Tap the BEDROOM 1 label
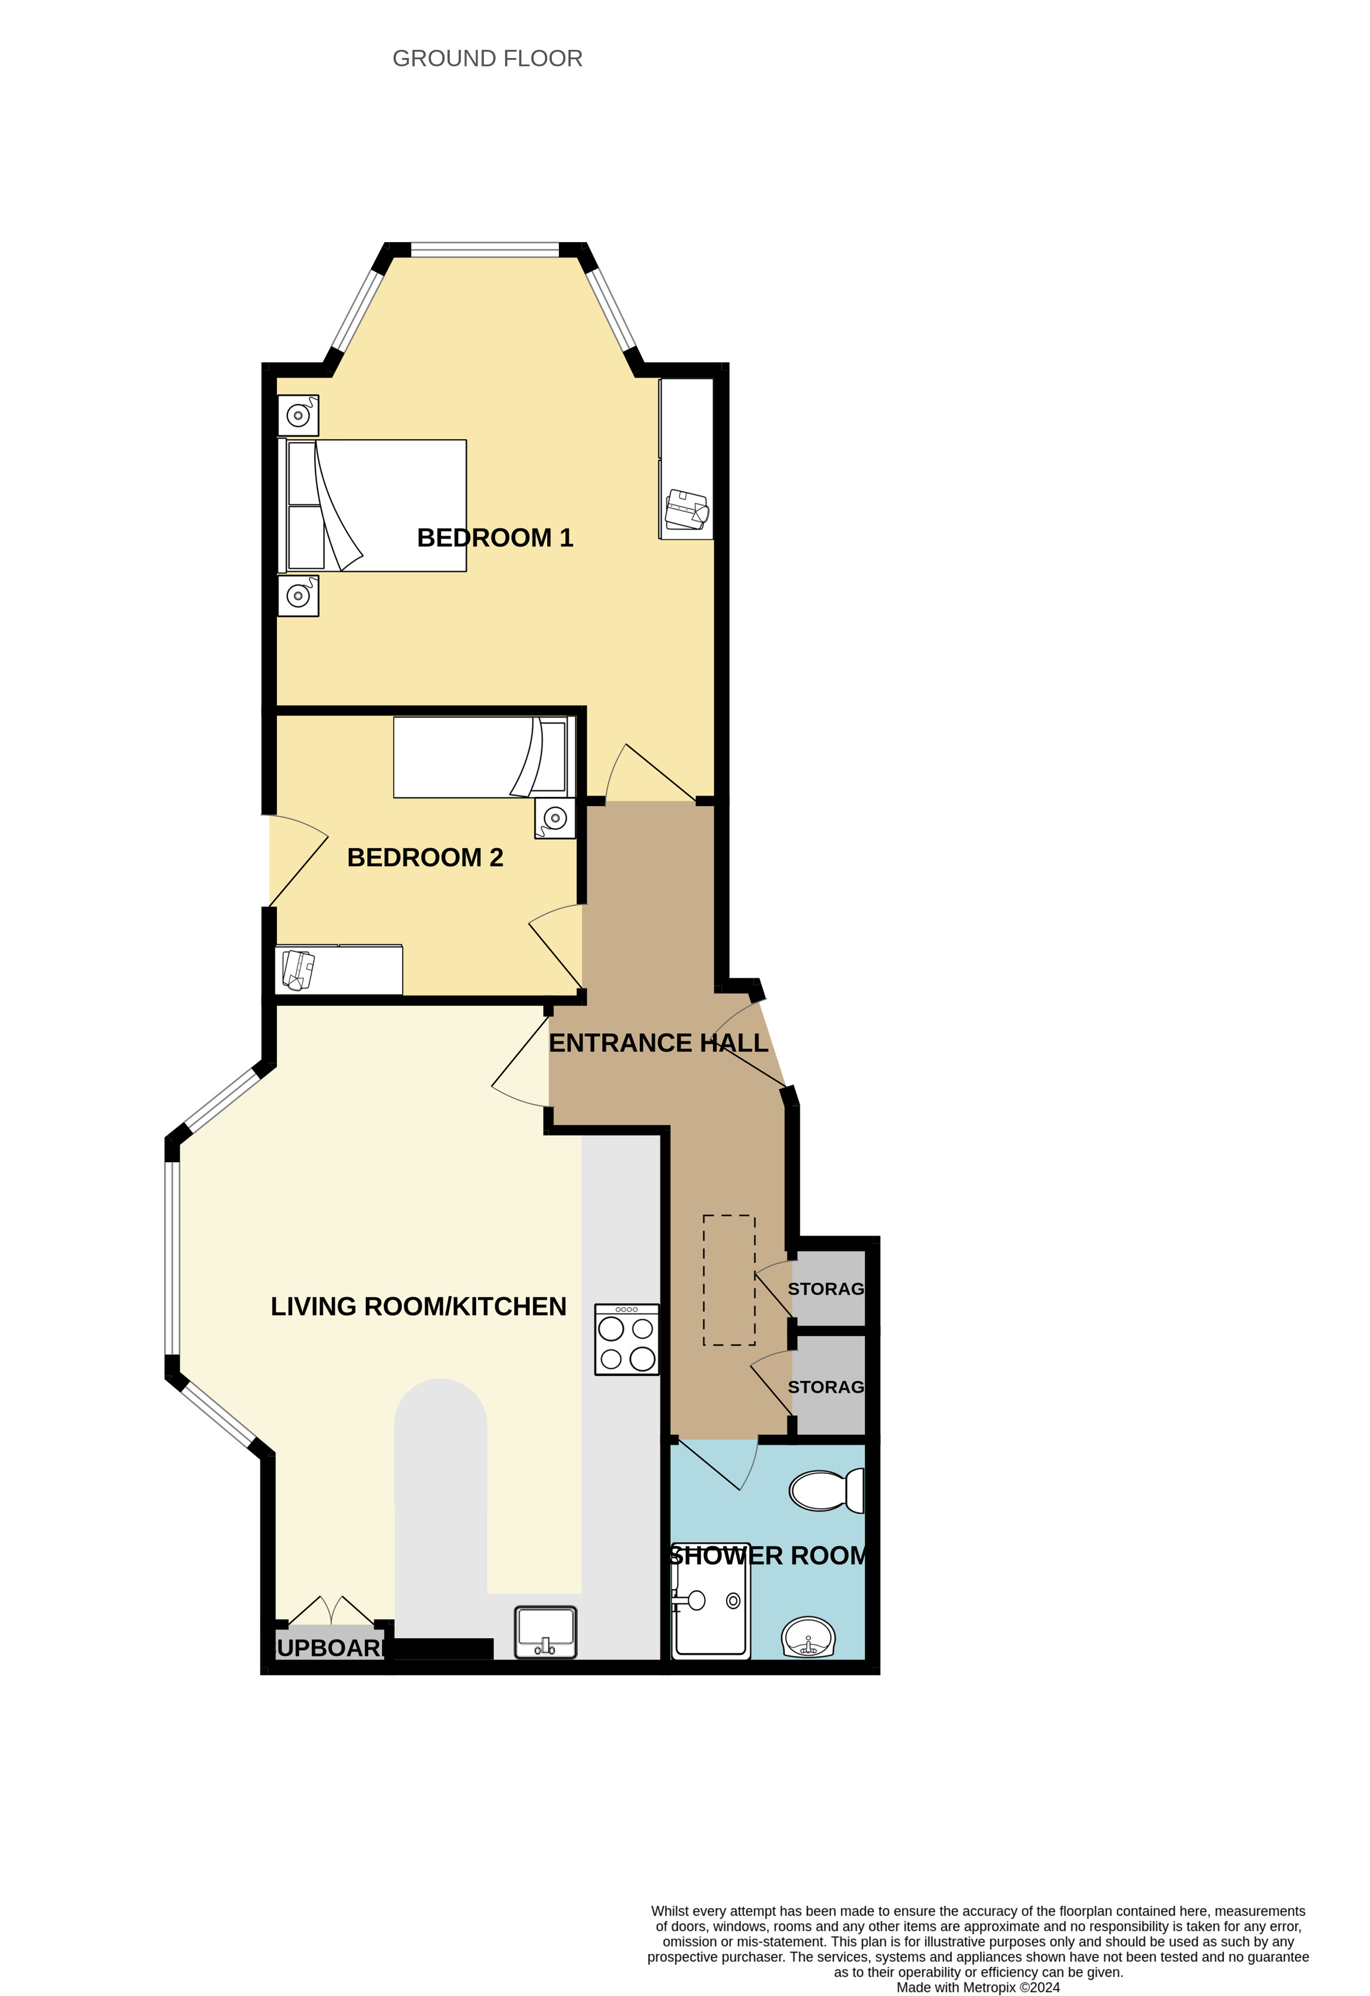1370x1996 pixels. tap(495, 538)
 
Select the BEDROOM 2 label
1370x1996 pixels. tap(425, 857)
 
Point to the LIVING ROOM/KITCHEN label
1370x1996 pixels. tap(418, 1306)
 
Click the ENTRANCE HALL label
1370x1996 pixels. tap(659, 1043)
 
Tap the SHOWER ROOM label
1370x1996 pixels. tap(767, 1556)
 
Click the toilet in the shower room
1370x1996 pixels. tap(826, 1490)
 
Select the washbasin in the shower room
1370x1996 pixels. tap(808, 1637)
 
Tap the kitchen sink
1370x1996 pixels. tap(545, 1632)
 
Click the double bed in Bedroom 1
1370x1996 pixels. tap(372, 506)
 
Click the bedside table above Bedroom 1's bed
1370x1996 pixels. tap(298, 416)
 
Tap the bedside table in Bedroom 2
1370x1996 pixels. tap(555, 819)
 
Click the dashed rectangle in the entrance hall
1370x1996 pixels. tap(729, 1279)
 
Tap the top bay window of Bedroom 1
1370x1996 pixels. tap(485, 250)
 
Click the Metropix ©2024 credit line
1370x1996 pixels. tap(978, 1987)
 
